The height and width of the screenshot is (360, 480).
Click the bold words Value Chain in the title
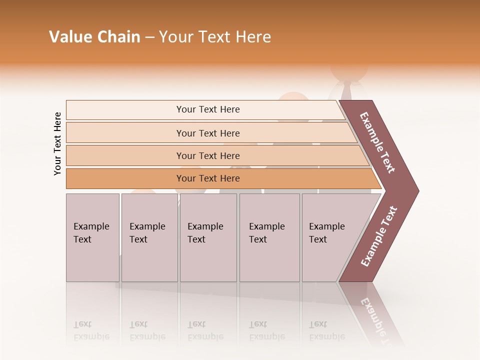point(94,37)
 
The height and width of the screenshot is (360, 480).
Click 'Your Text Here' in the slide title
point(215,37)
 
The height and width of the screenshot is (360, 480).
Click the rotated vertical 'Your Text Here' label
point(57,143)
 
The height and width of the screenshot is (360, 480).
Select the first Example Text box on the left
point(92,237)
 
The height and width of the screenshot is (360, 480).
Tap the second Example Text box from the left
point(149,237)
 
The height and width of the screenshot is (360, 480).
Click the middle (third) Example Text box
point(208,237)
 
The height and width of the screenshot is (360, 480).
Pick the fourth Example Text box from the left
point(269,237)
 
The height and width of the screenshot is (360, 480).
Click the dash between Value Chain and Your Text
point(149,37)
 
